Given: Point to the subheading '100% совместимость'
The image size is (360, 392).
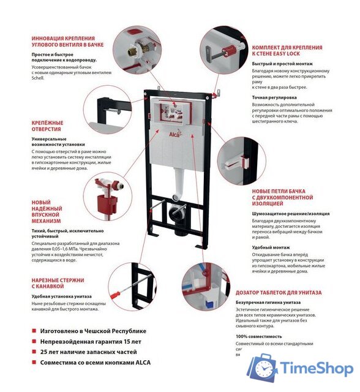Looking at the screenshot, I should click(258, 336).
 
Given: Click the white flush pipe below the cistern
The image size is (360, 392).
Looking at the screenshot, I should click(179, 181).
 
